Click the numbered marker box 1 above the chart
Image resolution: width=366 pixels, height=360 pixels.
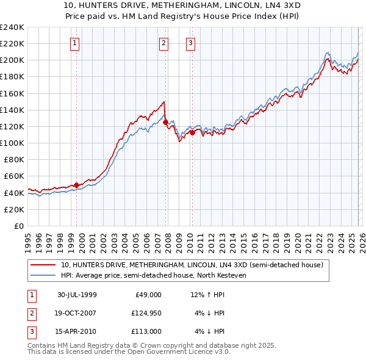click(x=74, y=43)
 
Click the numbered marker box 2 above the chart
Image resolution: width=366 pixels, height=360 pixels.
click(x=164, y=43)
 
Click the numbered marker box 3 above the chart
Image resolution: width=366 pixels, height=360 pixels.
click(x=190, y=43)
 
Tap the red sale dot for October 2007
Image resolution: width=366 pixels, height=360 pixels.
click(x=165, y=122)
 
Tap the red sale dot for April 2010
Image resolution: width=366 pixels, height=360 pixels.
click(x=192, y=132)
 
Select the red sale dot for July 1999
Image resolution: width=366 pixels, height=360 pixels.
click(x=76, y=185)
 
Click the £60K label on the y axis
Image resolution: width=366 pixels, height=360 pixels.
click(x=13, y=176)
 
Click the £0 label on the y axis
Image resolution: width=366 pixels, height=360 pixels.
click(x=18, y=226)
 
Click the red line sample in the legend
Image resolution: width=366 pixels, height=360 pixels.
click(x=43, y=265)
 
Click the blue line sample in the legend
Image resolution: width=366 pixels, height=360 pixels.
click(x=43, y=275)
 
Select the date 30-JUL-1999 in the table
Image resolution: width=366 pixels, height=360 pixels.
click(x=77, y=295)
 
